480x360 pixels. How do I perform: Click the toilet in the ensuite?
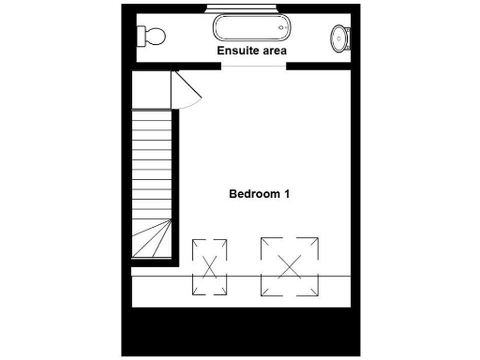[152, 37]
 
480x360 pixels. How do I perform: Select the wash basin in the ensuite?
[340, 38]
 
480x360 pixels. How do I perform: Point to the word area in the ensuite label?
[274, 51]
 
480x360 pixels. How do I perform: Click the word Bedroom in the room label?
[254, 194]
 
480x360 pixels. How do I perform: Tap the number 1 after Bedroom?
[287, 194]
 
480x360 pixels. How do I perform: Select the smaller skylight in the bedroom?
[209, 266]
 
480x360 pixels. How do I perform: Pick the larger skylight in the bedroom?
[290, 264]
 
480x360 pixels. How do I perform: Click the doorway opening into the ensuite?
[253, 67]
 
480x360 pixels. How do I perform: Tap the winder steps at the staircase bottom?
[152, 239]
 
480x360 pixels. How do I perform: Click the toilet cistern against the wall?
[142, 37]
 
